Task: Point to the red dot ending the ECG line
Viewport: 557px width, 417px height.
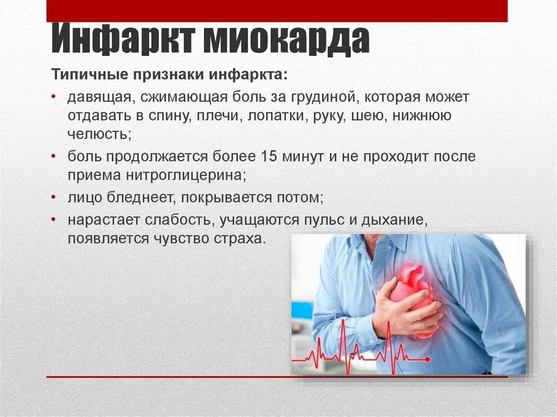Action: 428,359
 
